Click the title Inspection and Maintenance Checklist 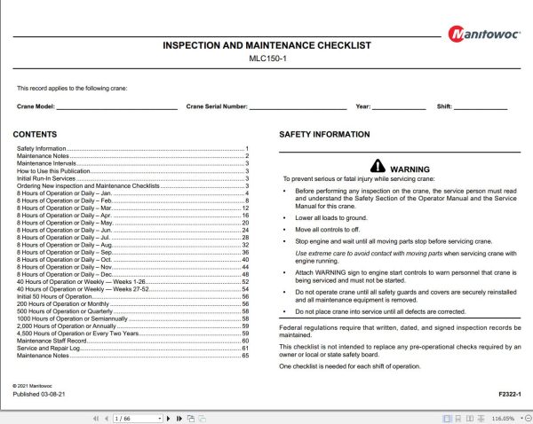(x=266, y=45)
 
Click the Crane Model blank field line (x=116, y=106)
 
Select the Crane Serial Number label (x=217, y=106)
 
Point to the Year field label (x=362, y=106)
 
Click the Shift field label (x=444, y=106)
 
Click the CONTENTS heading (x=36, y=135)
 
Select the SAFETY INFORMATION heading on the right (x=324, y=135)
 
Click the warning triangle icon (x=378, y=166)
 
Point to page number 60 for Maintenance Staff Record (x=244, y=341)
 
